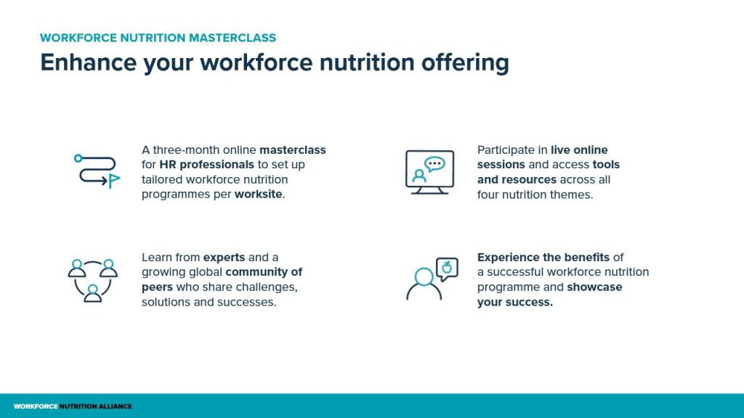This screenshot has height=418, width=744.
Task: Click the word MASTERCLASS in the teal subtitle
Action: click(232, 38)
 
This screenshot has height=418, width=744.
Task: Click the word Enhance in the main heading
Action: click(88, 62)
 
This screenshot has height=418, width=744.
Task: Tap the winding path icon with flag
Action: click(97, 171)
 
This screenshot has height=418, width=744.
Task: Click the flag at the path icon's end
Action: click(114, 181)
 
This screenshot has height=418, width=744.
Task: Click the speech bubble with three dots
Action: click(434, 164)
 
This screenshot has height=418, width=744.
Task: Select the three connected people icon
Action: click(92, 280)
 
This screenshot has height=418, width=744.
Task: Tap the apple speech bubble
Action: click(447, 269)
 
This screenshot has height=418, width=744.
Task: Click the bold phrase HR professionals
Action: click(207, 165)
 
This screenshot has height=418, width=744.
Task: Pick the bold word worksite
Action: click(259, 194)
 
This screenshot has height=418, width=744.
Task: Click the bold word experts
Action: click(224, 258)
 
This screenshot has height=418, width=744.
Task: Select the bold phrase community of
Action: click(264, 272)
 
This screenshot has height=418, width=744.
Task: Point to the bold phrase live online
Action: click(579, 149)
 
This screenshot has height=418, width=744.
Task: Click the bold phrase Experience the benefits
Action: click(543, 258)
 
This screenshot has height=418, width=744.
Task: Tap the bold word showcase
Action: click(594, 287)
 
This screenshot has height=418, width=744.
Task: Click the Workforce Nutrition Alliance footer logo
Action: click(73, 406)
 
